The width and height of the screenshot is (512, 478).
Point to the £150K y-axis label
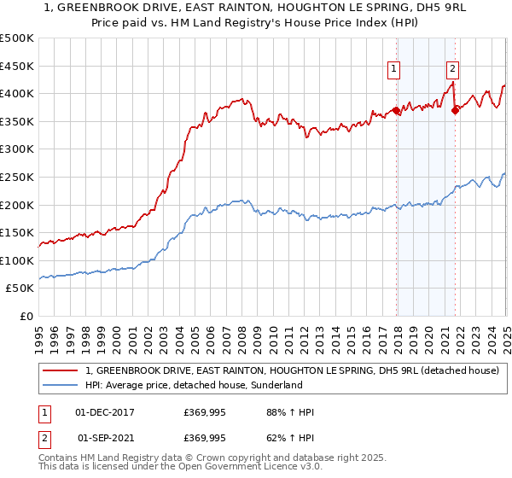[17, 233]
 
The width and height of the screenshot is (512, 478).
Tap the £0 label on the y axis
[26, 317]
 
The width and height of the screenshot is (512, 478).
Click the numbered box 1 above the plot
[394, 70]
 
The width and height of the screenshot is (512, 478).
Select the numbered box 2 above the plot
[451, 70]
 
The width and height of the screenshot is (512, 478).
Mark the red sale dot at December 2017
[397, 111]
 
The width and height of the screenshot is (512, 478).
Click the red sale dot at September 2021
[455, 111]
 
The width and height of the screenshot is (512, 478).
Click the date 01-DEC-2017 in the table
[105, 412]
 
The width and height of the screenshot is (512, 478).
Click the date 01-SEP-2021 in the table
[105, 438]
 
